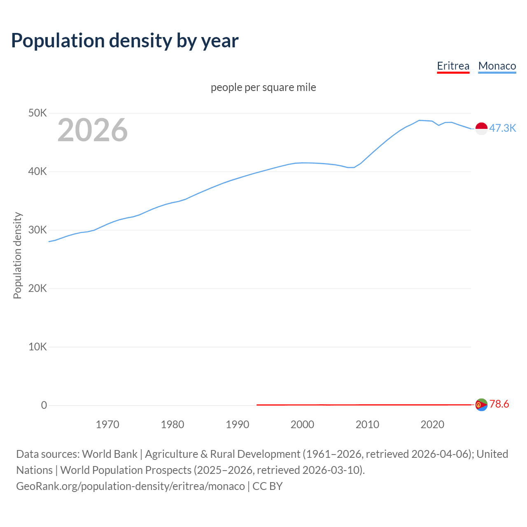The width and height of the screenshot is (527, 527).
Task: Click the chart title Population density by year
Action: (x=125, y=41)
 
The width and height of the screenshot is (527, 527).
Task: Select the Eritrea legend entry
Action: (x=453, y=66)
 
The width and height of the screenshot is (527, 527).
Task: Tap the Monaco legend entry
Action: (x=497, y=66)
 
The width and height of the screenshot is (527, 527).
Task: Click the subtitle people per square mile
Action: (x=263, y=87)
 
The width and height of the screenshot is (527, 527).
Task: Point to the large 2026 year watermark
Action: (x=93, y=130)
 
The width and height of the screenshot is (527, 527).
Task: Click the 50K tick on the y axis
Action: (x=37, y=113)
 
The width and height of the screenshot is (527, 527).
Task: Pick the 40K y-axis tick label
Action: (x=37, y=172)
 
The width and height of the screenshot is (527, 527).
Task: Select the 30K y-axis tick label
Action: (x=37, y=230)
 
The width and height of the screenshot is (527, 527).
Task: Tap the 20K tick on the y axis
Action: (x=37, y=289)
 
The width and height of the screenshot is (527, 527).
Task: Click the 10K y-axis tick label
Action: (x=37, y=347)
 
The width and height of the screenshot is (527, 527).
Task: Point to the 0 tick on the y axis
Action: (x=44, y=406)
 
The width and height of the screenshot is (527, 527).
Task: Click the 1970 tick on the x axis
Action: (x=107, y=424)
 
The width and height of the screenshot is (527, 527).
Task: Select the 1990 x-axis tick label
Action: (x=238, y=424)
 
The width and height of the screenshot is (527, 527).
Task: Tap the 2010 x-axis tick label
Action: (x=367, y=424)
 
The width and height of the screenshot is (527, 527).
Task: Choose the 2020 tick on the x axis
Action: (x=432, y=424)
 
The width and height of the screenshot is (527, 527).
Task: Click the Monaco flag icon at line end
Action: (x=481, y=128)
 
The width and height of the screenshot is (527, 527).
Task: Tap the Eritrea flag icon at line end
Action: (x=481, y=405)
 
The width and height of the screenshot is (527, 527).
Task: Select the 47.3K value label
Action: (x=502, y=128)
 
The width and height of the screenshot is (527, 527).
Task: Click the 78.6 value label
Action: (x=499, y=404)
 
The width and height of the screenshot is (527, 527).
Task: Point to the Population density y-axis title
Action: (x=17, y=255)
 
